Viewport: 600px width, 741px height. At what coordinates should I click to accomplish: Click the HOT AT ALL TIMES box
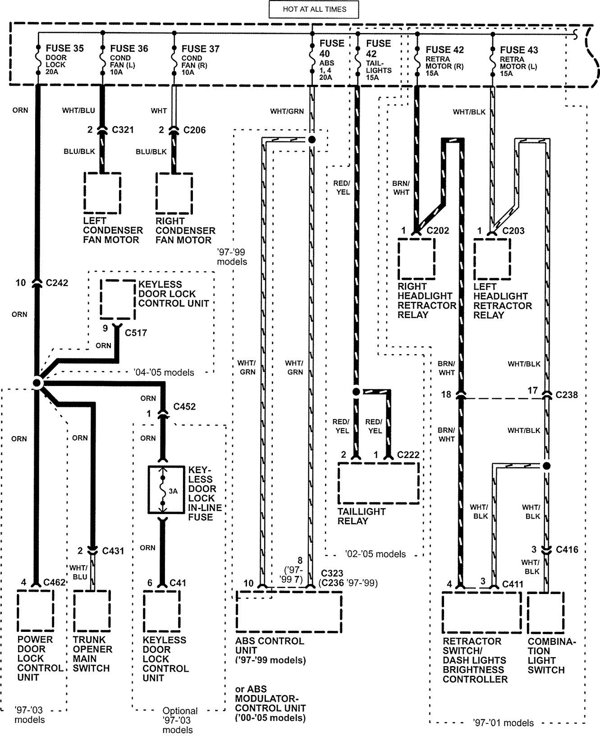314,9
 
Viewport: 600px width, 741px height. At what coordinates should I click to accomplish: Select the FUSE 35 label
64,48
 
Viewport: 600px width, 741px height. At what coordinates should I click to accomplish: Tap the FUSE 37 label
200,48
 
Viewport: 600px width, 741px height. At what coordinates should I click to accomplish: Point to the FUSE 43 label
519,50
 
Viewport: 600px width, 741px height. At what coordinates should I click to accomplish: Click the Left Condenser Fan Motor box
102,193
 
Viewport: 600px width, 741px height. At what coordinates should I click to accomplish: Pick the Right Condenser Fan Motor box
174,193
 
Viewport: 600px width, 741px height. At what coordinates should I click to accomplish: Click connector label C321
123,130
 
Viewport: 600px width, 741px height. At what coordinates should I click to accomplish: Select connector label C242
57,283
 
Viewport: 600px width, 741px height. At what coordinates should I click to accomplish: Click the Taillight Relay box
378,483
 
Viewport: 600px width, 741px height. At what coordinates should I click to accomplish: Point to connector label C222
408,455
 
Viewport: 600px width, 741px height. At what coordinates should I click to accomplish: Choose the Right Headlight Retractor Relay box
416,259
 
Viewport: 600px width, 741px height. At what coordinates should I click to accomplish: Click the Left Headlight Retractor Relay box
492,259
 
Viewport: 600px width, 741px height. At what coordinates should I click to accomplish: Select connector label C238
567,395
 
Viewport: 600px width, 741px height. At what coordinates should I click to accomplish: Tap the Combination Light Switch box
545,612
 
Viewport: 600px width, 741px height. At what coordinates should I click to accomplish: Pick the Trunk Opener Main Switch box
92,611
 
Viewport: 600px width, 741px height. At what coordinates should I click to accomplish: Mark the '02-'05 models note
376,554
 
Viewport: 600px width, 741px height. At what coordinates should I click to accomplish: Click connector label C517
136,333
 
